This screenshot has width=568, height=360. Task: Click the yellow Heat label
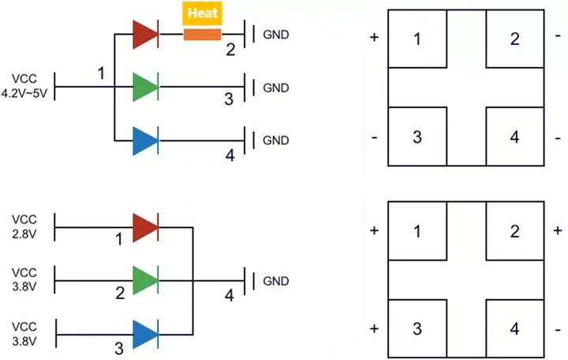[x=203, y=13]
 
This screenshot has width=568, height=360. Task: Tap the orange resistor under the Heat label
[x=203, y=34]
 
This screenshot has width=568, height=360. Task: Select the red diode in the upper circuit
[x=146, y=34]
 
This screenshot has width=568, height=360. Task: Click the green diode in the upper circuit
[x=146, y=86]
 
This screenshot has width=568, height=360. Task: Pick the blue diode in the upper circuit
[x=146, y=140]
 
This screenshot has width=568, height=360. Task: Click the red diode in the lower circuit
[x=146, y=227]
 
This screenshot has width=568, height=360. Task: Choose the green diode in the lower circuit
[x=146, y=281]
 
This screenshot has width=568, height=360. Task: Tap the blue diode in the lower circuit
[x=146, y=334]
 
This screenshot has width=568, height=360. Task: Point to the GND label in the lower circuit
[x=275, y=281]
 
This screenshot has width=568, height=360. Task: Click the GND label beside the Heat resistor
[x=275, y=34]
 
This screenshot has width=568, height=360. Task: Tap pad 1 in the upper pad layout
[x=417, y=39]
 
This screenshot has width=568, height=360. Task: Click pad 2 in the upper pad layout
[x=514, y=39]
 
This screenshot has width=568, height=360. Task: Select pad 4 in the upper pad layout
[x=514, y=137]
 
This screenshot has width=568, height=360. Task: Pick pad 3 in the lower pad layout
[x=417, y=328]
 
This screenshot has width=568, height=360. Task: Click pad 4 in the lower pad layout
[x=514, y=328]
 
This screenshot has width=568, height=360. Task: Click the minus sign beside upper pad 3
[x=374, y=137]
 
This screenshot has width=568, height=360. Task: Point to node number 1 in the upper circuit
[x=101, y=73]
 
